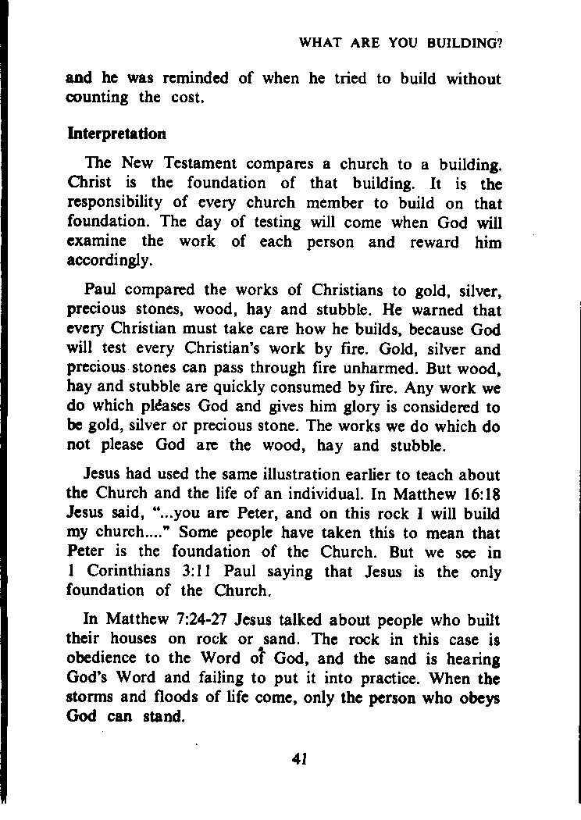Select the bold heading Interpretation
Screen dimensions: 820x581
[116, 134]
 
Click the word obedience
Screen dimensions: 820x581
[104, 658]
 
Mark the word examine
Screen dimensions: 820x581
[93, 242]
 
